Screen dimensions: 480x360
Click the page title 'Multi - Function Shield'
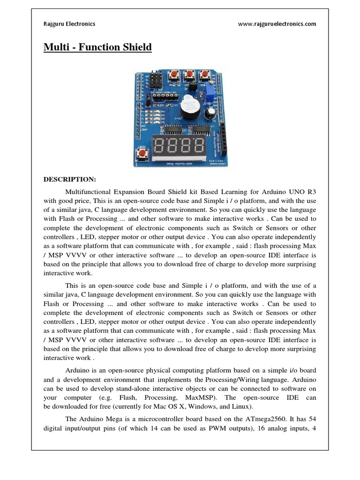coord(97,47)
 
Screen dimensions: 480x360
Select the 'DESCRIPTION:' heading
coord(70,180)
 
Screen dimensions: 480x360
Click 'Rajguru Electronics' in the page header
coord(69,24)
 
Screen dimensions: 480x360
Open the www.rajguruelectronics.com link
coord(277,24)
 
